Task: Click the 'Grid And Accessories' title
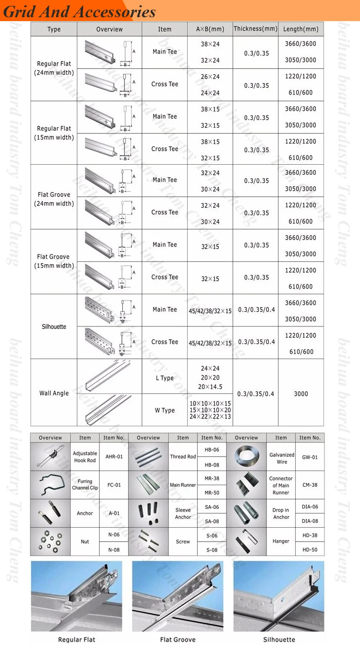(80, 12)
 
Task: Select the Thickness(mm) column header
(255, 29)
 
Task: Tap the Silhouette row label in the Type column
(54, 326)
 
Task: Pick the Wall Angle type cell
(54, 393)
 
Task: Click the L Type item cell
(165, 378)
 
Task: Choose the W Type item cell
(165, 410)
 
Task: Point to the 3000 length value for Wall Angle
(300, 394)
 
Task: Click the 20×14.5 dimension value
(210, 387)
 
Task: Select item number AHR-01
(114, 457)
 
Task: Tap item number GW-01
(310, 457)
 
